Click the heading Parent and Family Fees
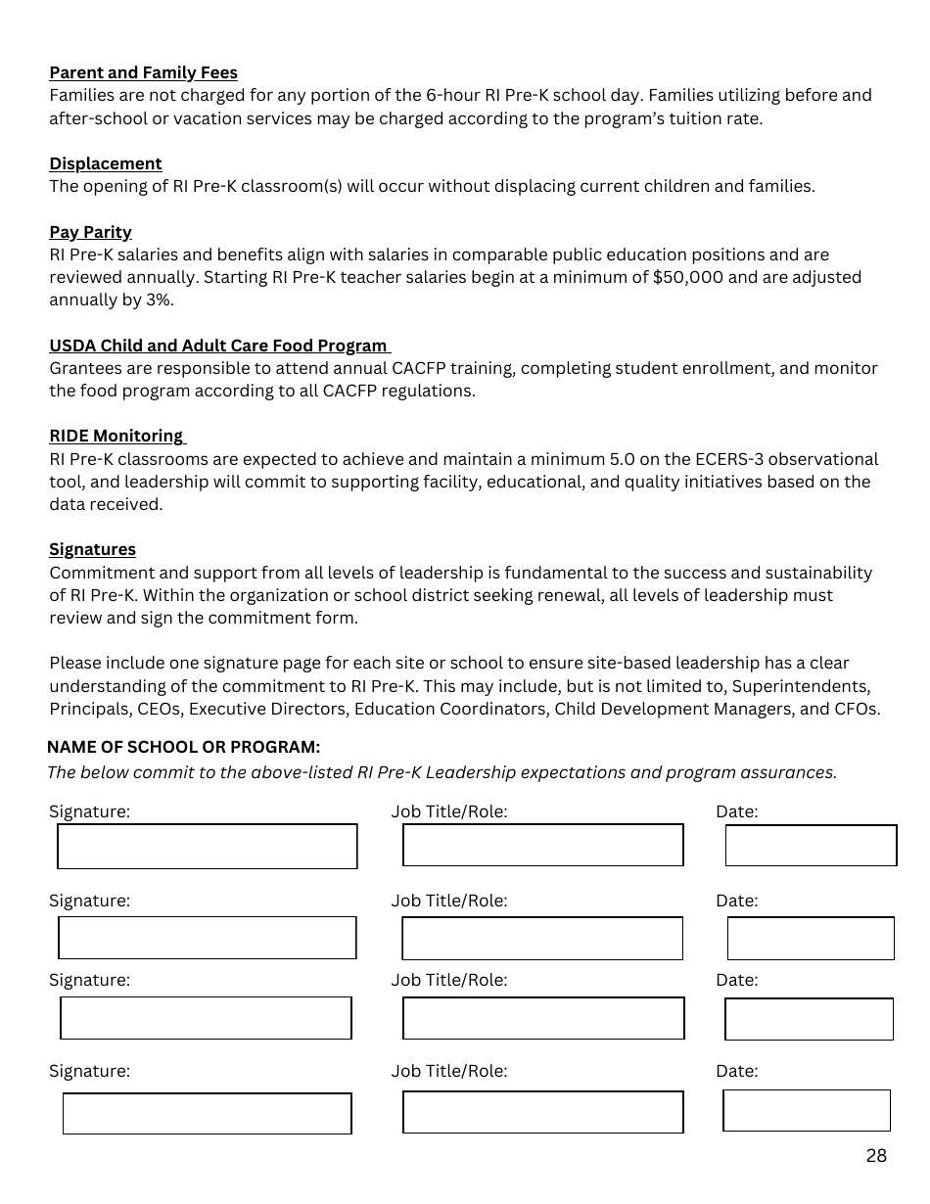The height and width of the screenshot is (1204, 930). (143, 72)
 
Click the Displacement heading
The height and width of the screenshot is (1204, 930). (106, 163)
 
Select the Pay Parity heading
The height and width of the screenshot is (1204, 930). (90, 232)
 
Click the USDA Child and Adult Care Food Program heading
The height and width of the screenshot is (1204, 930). (218, 346)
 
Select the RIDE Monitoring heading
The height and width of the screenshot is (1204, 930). (116, 436)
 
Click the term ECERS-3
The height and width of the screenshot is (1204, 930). (724, 459)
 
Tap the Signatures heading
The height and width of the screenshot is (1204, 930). (92, 549)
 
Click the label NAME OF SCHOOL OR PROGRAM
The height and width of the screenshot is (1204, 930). (183, 747)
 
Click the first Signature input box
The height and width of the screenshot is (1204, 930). (208, 847)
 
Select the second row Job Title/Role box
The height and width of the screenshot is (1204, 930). (542, 939)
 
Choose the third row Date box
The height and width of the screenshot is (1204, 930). (809, 1019)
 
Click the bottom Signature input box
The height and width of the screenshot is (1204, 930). (208, 1114)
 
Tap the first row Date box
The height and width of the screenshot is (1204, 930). (811, 846)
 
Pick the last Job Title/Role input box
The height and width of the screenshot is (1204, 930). (542, 1113)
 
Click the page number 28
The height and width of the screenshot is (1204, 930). (876, 1156)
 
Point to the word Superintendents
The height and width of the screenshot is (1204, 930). (801, 686)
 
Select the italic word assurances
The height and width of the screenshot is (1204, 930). (794, 772)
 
